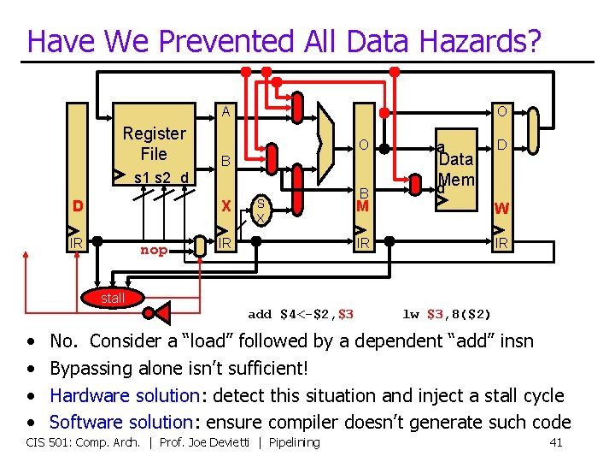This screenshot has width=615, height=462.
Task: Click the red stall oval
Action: click(113, 298)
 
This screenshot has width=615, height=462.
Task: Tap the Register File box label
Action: click(154, 144)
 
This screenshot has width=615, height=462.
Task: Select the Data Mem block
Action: click(455, 169)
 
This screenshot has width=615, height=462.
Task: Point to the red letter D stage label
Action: click(78, 206)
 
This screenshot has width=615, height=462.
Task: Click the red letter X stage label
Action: click(225, 206)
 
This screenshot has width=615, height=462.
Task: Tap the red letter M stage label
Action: click(362, 206)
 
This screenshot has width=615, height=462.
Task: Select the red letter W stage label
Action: click(502, 208)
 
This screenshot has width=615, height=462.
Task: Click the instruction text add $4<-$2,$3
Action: click(301, 314)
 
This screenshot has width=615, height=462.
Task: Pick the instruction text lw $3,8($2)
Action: click(447, 314)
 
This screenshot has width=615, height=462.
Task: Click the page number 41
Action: click(556, 442)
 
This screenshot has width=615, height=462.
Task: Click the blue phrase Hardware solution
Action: click(124, 395)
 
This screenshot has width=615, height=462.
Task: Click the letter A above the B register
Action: click(225, 111)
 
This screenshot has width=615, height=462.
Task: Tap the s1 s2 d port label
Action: click(154, 178)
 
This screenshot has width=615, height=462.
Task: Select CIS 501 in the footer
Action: click(48, 442)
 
